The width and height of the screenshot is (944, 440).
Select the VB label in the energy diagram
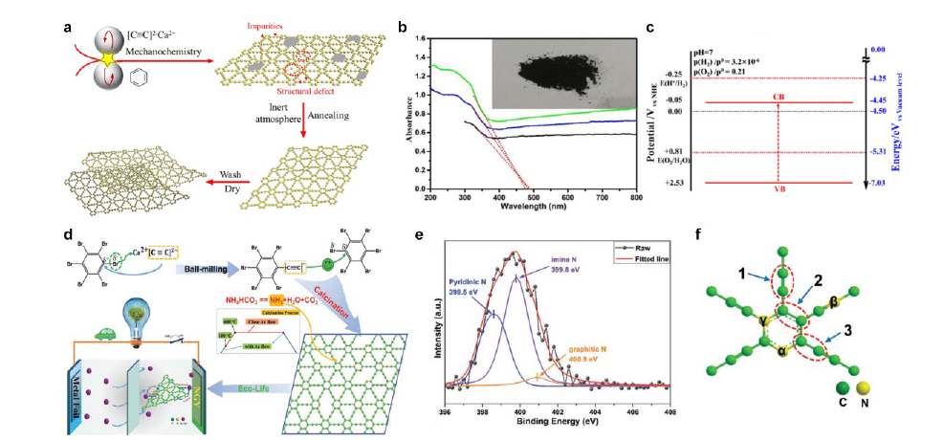point(779,189)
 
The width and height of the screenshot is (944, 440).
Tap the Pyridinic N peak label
point(473,286)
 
